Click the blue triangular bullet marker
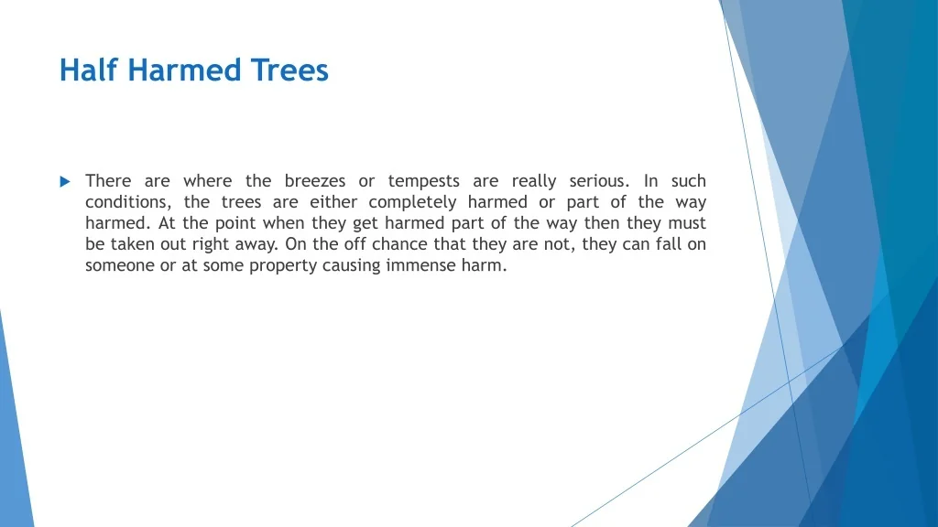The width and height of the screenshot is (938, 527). click(x=65, y=182)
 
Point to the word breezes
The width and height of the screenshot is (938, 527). click(x=315, y=180)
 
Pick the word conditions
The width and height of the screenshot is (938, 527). click(x=128, y=202)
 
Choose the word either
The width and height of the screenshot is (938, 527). click(x=333, y=202)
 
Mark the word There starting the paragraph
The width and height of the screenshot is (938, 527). click(x=108, y=180)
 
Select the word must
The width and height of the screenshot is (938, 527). click(x=689, y=223)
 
